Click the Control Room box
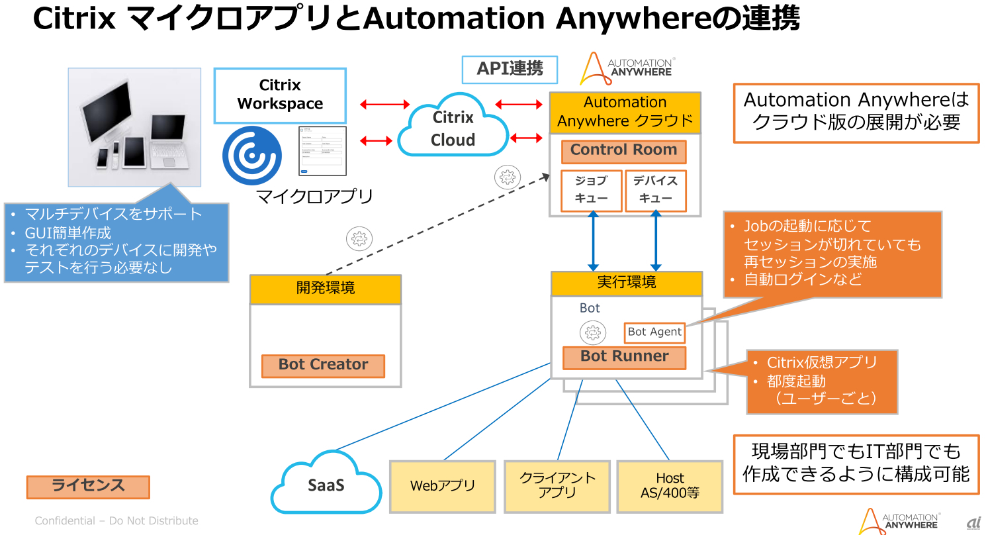tap(623, 152)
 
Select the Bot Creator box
tap(323, 365)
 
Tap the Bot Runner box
tap(624, 358)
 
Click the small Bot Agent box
tap(654, 332)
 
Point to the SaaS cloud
tap(326, 485)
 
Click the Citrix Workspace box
tap(280, 95)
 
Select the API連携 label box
tap(510, 70)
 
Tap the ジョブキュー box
tap(591, 191)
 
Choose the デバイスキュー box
tap(655, 191)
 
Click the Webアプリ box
tap(443, 486)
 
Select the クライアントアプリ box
tap(557, 486)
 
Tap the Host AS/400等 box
tap(670, 486)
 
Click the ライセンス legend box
tap(88, 487)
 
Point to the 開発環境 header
tap(326, 289)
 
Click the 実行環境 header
tap(626, 283)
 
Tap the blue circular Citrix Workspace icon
tap(252, 155)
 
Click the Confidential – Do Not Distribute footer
tap(116, 521)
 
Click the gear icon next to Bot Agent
tap(593, 332)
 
